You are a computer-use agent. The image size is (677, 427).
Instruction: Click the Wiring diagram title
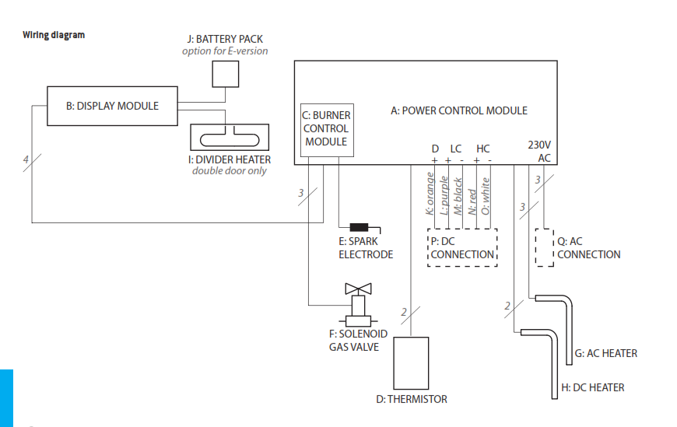[54, 35]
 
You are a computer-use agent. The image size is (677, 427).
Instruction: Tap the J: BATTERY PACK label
[225, 38]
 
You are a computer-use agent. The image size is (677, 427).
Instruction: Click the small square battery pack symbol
[226, 74]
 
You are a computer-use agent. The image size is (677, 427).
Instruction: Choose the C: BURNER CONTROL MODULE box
[326, 129]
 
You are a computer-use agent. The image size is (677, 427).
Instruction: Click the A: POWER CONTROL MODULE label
[458, 110]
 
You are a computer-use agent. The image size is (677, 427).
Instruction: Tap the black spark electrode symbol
[359, 228]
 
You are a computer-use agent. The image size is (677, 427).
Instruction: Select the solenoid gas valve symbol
[358, 307]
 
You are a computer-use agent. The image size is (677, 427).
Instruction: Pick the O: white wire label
[486, 195]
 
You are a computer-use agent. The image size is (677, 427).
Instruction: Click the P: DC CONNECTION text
[462, 248]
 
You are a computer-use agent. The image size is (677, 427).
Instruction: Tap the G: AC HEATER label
[605, 353]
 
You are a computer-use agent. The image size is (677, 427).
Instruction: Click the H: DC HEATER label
[592, 387]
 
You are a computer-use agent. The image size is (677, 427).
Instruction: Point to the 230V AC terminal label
[540, 151]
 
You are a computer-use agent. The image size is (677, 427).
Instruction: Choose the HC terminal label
[483, 149]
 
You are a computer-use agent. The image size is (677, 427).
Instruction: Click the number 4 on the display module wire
[26, 161]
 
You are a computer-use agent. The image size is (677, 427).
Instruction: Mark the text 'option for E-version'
[225, 51]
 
